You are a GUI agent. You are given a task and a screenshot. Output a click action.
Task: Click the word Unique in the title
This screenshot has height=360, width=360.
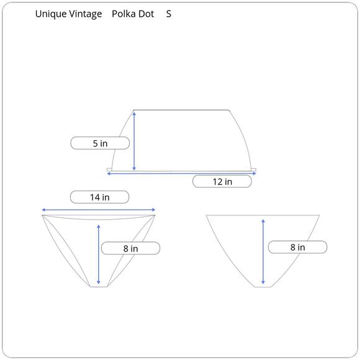click(x=51, y=14)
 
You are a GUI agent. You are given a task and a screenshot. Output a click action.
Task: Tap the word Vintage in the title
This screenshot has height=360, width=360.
click(x=86, y=14)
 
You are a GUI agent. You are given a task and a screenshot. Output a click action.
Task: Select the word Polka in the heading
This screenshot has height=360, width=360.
click(x=122, y=14)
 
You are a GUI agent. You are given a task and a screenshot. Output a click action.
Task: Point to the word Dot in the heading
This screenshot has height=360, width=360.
click(x=146, y=14)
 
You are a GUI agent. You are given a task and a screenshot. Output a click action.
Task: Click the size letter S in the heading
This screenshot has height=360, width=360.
click(x=169, y=14)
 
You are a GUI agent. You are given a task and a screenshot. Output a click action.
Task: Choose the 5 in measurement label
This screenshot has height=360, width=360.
click(x=100, y=143)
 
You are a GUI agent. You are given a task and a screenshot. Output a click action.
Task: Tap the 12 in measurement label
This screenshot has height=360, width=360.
click(x=222, y=181)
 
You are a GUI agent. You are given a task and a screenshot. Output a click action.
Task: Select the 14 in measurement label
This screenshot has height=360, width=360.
click(x=100, y=197)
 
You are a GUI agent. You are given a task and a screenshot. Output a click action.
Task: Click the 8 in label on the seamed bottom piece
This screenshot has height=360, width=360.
click(x=130, y=248)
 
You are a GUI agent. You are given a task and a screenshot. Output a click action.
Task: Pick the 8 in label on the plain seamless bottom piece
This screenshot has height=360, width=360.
click(x=297, y=247)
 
